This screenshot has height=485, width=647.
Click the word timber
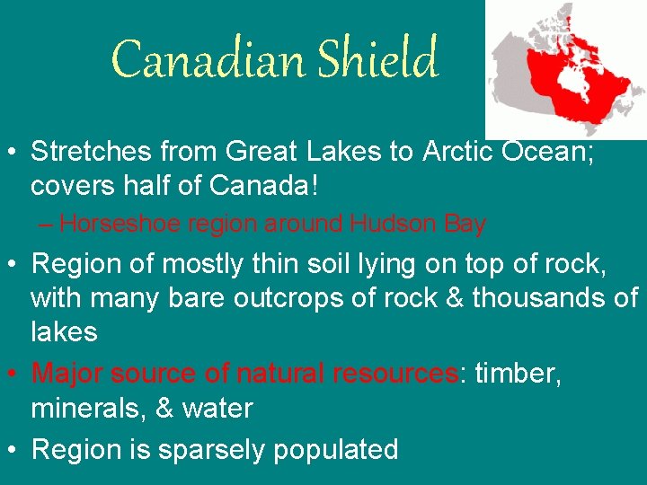click(x=518, y=373)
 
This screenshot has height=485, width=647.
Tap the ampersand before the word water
click(x=171, y=409)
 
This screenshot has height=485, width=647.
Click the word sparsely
click(x=213, y=448)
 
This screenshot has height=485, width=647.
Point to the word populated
click(x=336, y=448)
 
